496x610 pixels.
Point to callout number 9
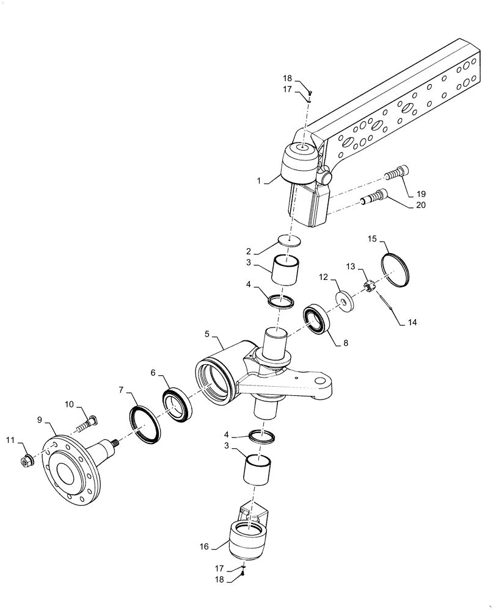point(40,420)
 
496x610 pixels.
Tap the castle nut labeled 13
point(369,285)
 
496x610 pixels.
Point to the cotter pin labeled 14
point(387,303)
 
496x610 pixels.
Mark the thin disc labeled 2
point(290,240)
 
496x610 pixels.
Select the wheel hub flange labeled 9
point(74,467)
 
